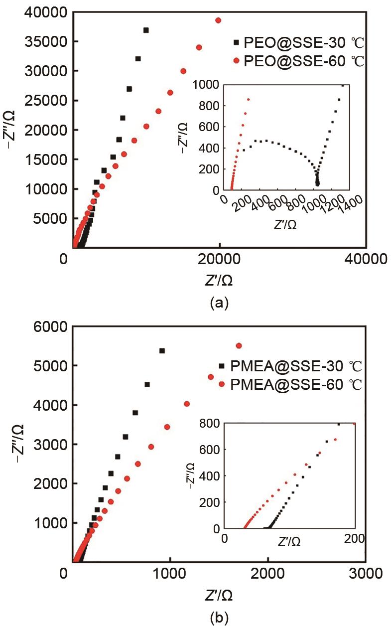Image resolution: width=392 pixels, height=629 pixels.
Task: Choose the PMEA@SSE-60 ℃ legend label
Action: point(296,385)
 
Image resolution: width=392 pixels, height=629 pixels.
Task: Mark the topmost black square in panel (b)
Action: point(162,351)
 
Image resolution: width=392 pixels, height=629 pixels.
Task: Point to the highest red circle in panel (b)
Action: point(239,346)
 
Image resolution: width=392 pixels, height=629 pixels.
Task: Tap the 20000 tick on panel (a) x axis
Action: point(220,259)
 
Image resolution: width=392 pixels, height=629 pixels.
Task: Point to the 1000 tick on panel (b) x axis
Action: point(170,573)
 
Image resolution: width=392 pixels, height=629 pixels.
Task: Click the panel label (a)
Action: point(219,302)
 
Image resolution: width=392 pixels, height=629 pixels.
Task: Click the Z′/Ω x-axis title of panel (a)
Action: point(219,281)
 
